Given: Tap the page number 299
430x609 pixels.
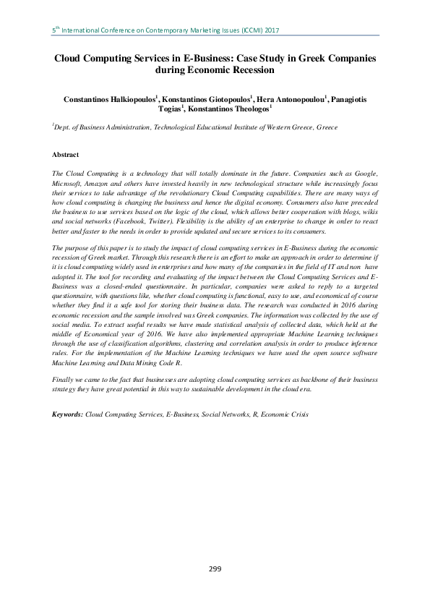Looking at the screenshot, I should point(215,569).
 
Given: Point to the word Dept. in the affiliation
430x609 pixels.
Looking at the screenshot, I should point(64,127).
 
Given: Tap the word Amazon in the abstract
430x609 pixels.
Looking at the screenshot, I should point(106,184).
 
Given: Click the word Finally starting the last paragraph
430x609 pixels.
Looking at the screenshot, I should point(64,379).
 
